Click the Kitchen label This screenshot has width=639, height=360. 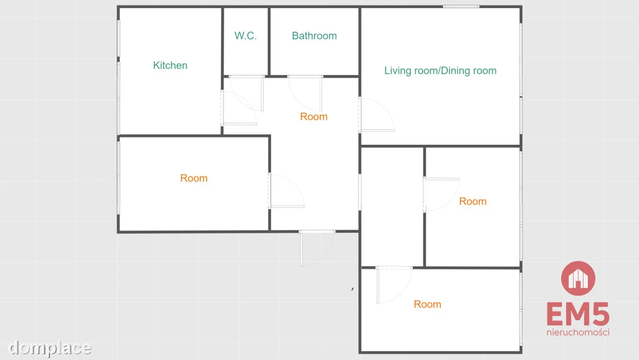point(170,66)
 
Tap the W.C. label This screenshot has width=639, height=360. point(245,36)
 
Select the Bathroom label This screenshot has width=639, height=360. point(314,36)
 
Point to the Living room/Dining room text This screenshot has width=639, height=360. point(440,71)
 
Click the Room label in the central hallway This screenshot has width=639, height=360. point(314,117)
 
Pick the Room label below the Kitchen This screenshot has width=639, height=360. point(194,178)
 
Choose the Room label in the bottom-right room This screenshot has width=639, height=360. point(427,305)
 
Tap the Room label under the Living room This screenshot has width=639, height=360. point(473,201)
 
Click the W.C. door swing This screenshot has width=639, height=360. point(247,93)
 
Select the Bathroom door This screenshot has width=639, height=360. point(305,93)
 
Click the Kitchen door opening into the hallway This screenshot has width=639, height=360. point(239,108)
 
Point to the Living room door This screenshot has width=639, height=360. point(376,114)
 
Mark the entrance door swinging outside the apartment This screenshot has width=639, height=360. point(317,248)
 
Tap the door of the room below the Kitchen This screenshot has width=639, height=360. point(286,190)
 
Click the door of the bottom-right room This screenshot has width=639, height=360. point(394,285)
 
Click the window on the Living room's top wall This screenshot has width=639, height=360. point(461,6)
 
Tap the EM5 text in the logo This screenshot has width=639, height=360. point(578,314)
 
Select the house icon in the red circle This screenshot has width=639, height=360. point(578,279)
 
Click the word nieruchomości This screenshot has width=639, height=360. point(578,332)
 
